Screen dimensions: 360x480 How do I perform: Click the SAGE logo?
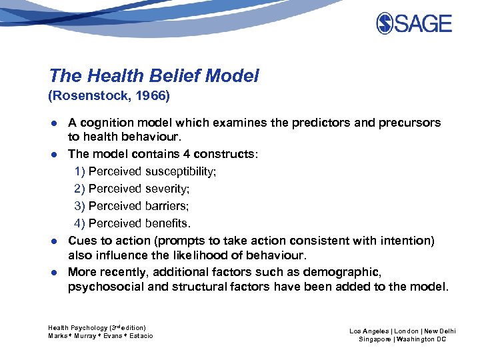(414, 24)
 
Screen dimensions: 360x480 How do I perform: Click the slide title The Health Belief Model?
(153, 76)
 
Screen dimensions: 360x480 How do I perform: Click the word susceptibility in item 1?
(181, 171)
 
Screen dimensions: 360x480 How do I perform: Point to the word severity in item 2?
(167, 189)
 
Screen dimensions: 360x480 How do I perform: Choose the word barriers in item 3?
(167, 206)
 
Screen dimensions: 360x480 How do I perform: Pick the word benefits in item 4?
(167, 223)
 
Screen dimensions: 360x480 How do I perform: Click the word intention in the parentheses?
(406, 240)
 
